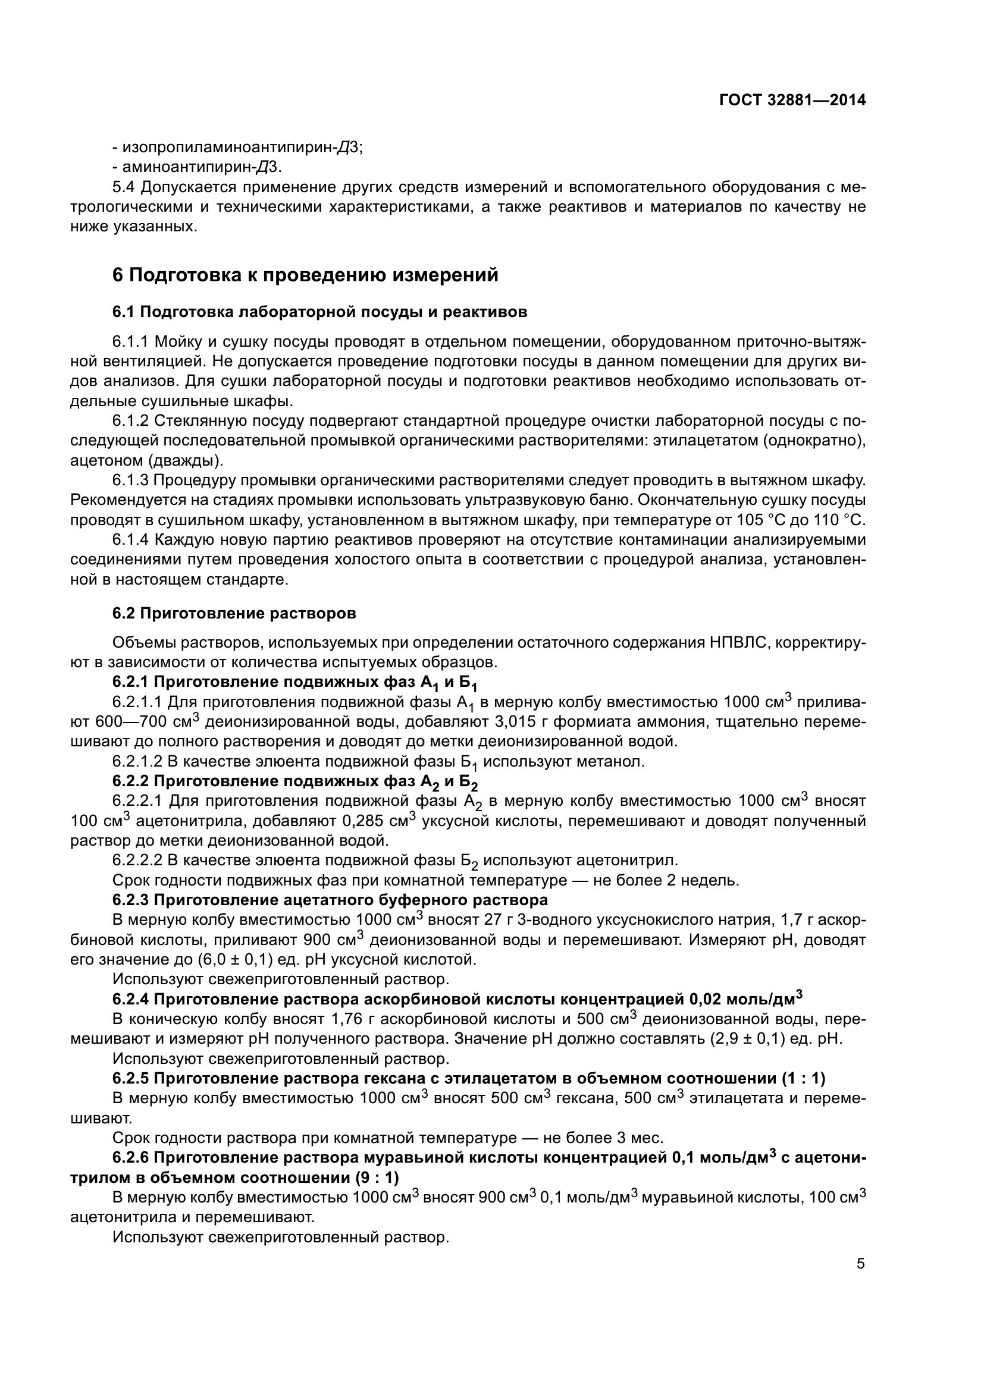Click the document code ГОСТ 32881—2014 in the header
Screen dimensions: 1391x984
(x=792, y=101)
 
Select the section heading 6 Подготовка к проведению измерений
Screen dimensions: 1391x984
(x=305, y=275)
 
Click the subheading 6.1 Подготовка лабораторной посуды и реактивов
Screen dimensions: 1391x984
(x=319, y=312)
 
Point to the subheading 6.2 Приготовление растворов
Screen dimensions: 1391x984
(x=234, y=613)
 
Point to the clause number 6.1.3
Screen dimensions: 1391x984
(x=130, y=481)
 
